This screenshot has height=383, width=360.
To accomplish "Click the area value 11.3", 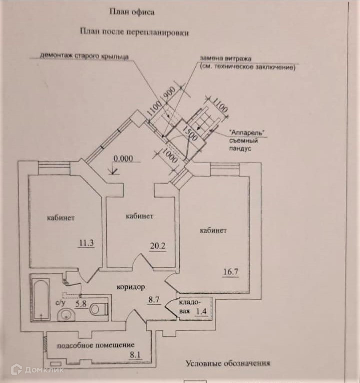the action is pos(87,243).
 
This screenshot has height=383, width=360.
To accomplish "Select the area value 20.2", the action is pos(158,246).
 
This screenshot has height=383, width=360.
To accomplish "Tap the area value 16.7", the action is pos(231,272).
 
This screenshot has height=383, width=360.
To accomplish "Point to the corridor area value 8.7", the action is pos(154,299).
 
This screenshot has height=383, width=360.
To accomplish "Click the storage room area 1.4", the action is pos(201,311).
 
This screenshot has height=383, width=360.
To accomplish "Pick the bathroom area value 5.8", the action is pos(81,304).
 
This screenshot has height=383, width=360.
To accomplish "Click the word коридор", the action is pos(131,287).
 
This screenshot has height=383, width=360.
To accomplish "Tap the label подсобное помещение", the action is pos(96,345).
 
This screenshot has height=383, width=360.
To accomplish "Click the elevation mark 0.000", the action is pos(123,159).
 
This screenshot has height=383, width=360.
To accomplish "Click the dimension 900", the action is pos(171,93).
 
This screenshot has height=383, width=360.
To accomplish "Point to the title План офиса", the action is pos(132,12).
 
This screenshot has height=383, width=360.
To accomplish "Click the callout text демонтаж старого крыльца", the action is pos(84,56).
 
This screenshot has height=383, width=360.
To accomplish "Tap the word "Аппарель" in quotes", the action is pos(247,133).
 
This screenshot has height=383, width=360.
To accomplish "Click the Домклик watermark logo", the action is pos(38,370).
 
